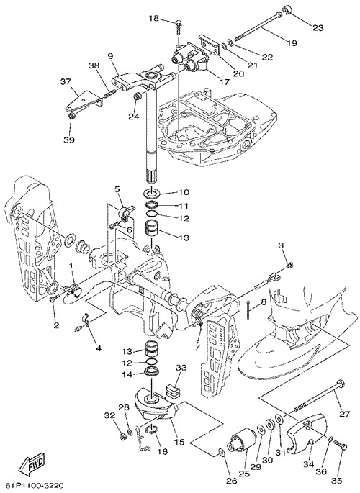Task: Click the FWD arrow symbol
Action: point(32,464)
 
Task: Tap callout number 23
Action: point(318,27)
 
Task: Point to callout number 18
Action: point(154,19)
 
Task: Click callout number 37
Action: point(66,82)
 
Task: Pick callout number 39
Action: point(69,140)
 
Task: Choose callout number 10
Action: point(184,192)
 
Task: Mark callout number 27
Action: point(345,414)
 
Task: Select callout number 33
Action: point(181,368)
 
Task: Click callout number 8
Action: point(264,302)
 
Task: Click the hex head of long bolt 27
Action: point(340,384)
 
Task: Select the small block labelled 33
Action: point(171,390)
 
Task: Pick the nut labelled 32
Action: point(122,436)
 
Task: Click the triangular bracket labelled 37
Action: point(82,101)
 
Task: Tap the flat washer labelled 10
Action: point(151,192)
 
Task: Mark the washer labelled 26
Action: point(221,453)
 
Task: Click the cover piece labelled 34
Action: point(305,431)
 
